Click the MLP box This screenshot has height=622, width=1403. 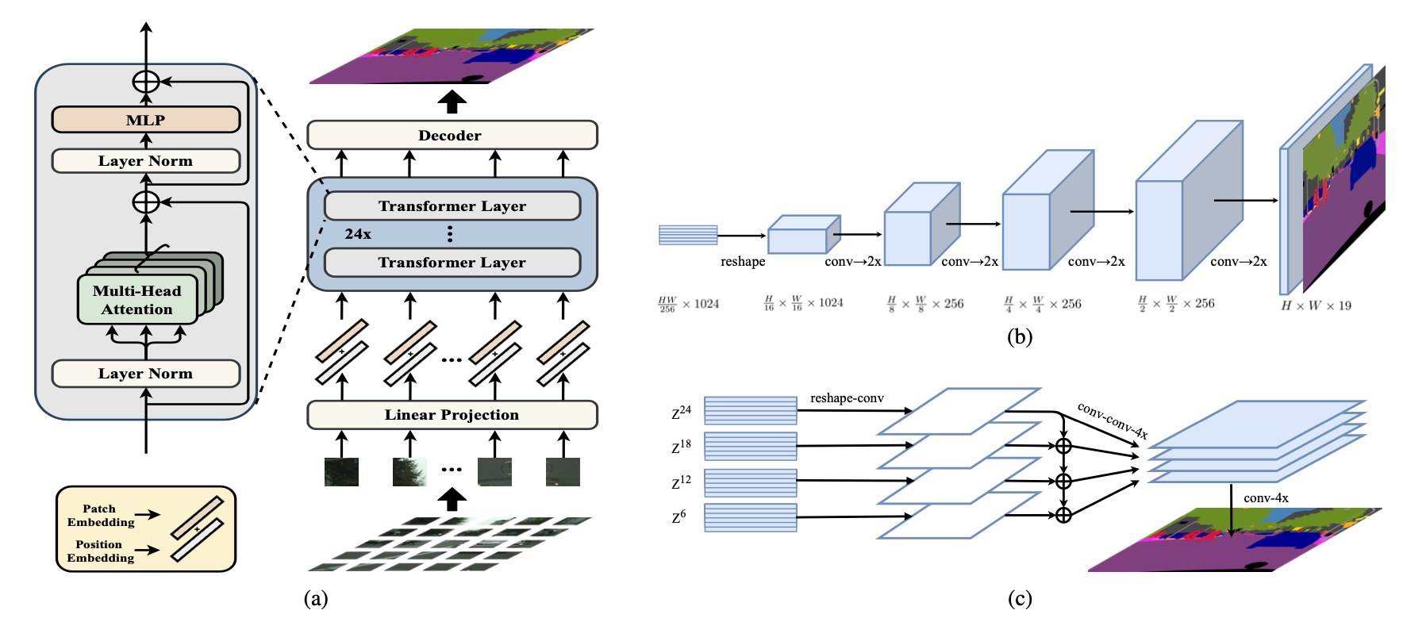pos(146,120)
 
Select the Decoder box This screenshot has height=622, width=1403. pos(452,135)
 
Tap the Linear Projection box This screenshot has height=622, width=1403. pos(452,414)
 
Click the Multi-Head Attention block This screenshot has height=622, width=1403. pos(137,300)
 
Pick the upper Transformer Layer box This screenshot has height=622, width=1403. pos(452,205)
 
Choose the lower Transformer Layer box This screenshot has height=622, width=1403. pos(452,262)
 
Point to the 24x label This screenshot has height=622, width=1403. pos(358,234)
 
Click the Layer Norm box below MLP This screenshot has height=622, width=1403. pos(146,161)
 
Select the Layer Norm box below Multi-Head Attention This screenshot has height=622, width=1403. pos(146,374)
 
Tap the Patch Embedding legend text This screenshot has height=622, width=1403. pos(101,516)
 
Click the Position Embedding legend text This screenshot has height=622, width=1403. pos(101,551)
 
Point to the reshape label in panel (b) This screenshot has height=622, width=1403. pos(743,262)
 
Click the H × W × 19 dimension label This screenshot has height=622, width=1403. pos(1316,305)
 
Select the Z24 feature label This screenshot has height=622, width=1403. pos(681,412)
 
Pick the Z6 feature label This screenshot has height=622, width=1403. pos(678,516)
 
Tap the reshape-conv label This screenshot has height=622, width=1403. pos(847,398)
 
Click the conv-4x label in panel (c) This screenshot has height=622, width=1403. pos(1266,498)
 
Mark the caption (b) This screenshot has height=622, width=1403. pos(1020,337)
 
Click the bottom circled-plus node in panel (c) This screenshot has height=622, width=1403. pos(1063,515)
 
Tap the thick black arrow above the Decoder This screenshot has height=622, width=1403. pos(452,102)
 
